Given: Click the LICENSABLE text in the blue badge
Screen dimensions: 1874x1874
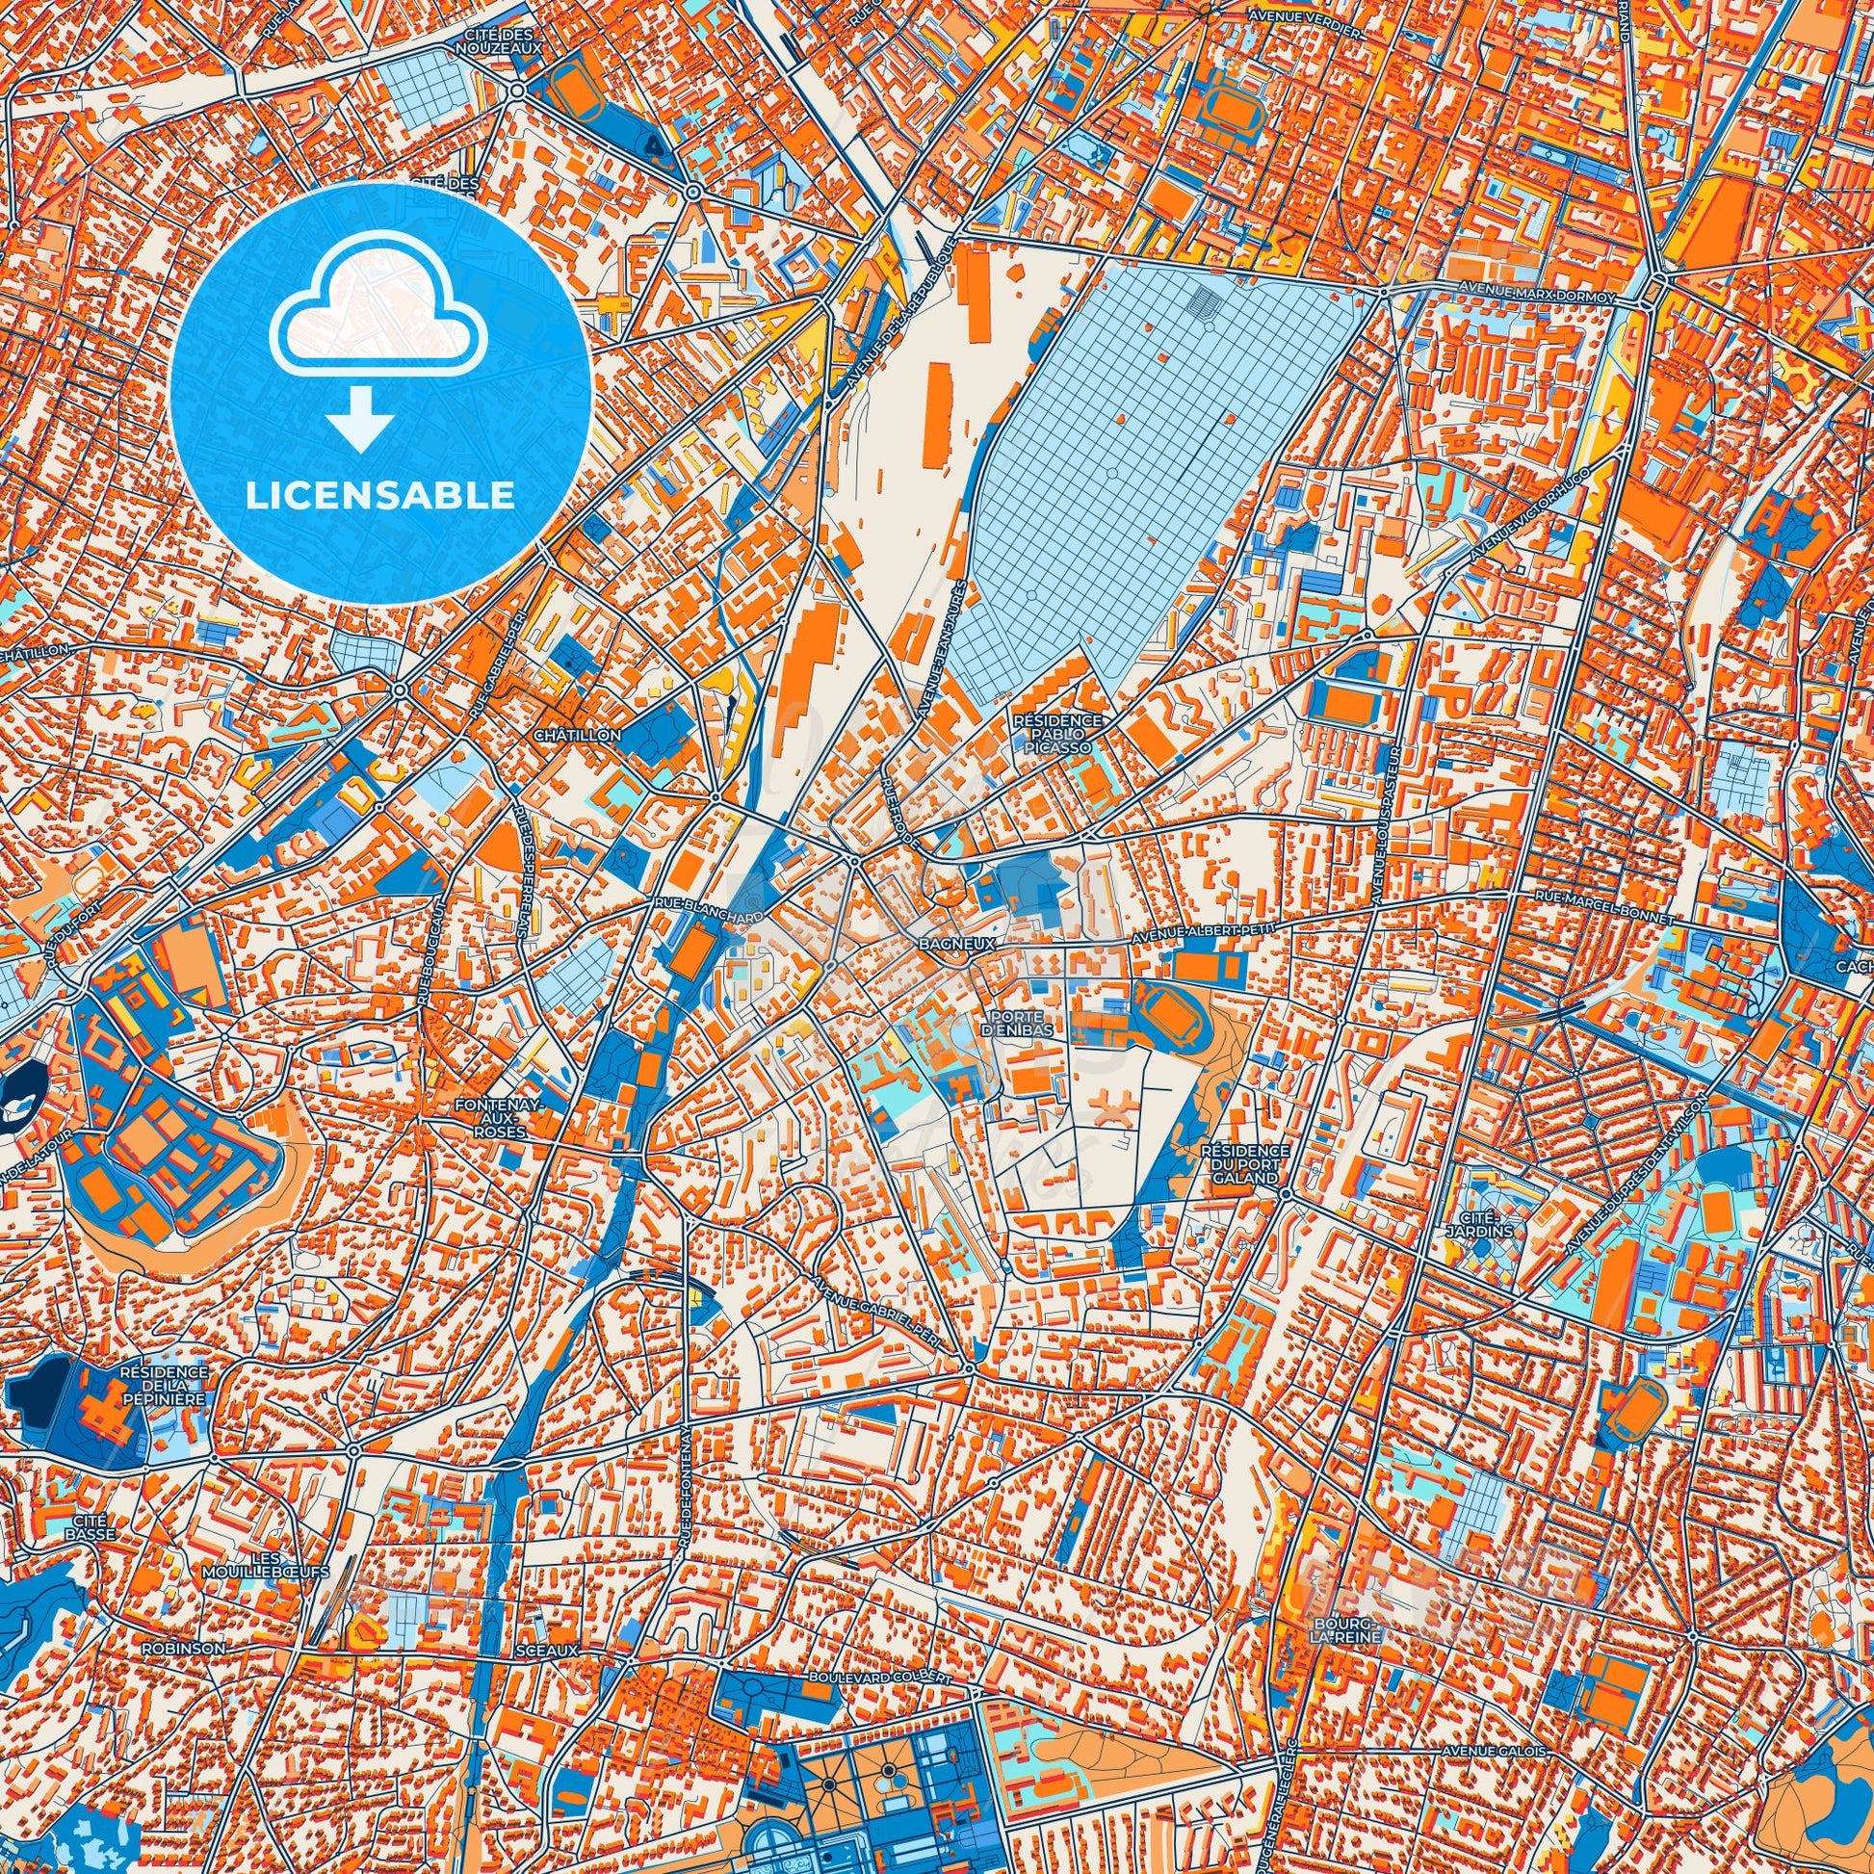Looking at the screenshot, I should [380, 496].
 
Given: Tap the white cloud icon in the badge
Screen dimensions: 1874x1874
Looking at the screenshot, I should [380, 327].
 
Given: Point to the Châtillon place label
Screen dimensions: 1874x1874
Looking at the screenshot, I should [577, 736].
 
